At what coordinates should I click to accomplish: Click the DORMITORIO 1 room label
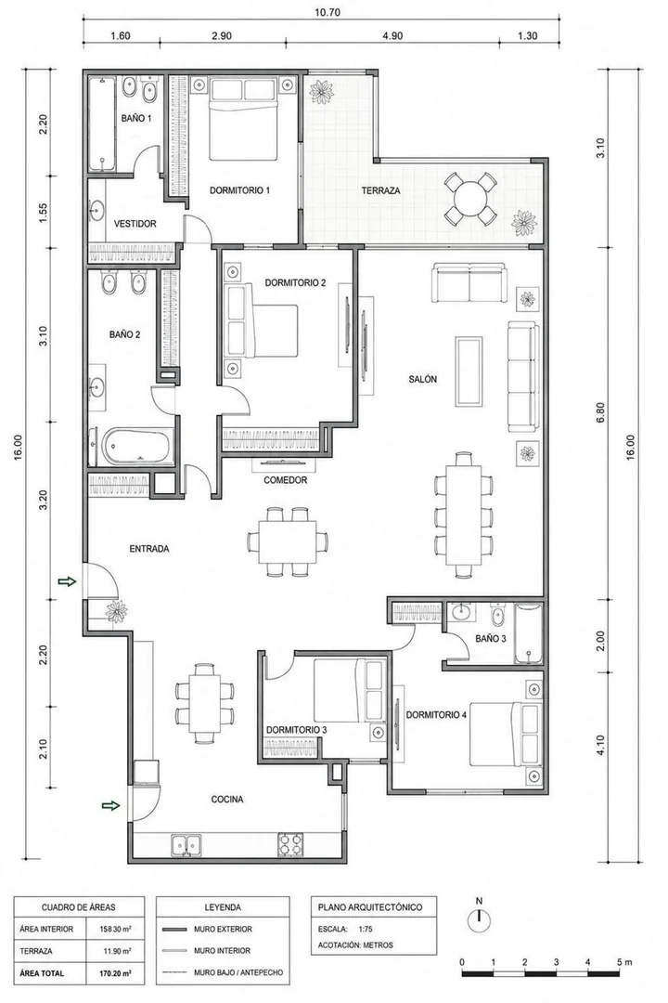240,190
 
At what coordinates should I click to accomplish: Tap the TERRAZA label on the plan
380,190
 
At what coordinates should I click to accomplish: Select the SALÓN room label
423,379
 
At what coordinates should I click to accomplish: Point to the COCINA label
227,799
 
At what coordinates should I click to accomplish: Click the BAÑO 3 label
491,638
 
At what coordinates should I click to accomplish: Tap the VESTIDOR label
135,224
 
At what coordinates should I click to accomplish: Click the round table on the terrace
469,199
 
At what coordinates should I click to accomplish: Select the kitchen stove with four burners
290,844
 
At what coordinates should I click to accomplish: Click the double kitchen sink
185,844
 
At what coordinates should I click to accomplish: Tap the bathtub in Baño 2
138,446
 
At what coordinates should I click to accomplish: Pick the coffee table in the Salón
469,371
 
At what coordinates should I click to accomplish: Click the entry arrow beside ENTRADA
67,581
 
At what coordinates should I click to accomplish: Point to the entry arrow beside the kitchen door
111,805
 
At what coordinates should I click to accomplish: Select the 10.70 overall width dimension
322,11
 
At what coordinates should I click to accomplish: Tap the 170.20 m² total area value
116,973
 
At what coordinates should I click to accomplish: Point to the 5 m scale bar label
624,962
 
